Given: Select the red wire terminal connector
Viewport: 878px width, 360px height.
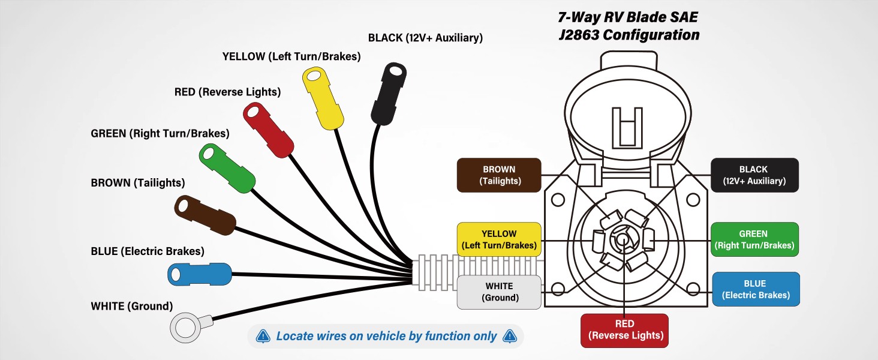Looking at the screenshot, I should click(267, 130).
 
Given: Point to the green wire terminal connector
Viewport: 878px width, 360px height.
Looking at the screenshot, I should click(227, 168).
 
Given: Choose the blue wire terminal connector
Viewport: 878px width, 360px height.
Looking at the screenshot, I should click(199, 274).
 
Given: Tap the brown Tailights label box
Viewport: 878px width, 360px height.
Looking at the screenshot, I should click(499, 175).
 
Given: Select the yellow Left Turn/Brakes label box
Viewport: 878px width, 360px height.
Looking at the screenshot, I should click(499, 239).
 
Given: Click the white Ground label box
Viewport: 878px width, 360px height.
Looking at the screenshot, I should click(499, 292).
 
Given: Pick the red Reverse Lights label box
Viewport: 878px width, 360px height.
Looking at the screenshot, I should click(624, 330).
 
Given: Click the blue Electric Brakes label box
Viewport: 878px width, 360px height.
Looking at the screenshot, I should click(755, 289).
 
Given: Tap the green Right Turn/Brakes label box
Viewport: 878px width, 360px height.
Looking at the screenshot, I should click(754, 239).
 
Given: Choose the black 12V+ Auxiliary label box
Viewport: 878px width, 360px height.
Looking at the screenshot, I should click(754, 175).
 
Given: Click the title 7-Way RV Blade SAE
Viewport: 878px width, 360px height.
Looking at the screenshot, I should click(627, 18).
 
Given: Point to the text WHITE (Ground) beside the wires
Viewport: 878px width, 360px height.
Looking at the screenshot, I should click(131, 307).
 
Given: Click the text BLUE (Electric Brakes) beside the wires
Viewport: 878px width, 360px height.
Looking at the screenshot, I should click(147, 251).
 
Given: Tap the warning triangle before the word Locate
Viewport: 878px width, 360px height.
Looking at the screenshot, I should click(263, 337).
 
